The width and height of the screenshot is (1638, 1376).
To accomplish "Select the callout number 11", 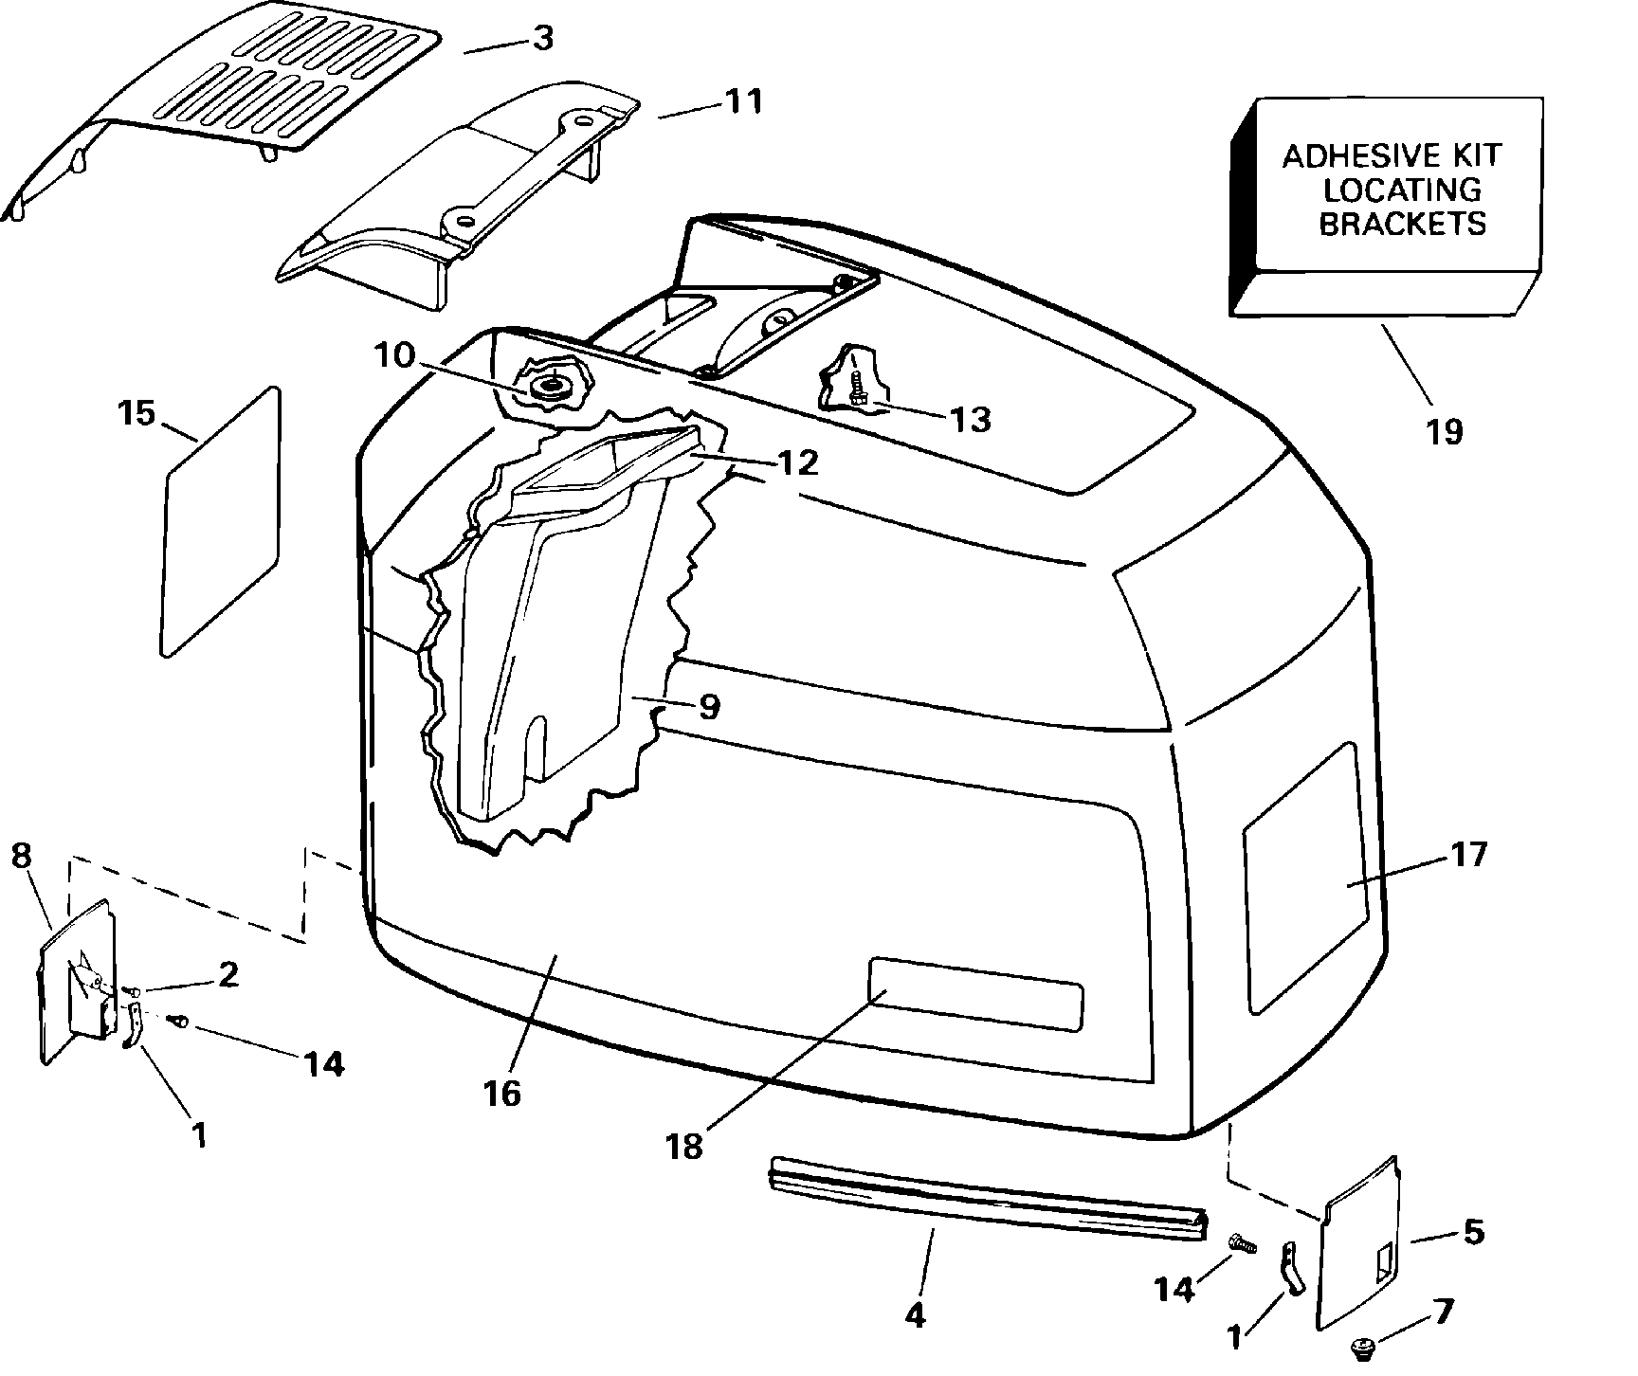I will coord(743,100).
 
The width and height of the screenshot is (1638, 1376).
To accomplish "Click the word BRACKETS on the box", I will coord(1403,224).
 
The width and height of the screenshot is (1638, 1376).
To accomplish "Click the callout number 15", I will coord(137,413).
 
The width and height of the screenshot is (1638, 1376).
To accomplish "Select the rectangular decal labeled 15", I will coord(222,521).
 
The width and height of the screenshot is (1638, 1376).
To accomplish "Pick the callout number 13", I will coord(970,418).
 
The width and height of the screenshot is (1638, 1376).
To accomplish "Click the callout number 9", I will coord(710,707).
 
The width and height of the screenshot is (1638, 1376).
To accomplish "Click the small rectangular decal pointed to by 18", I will coord(976,993).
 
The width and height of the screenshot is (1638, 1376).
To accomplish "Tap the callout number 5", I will coord(1473,1232).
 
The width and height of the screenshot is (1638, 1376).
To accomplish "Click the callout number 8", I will coord(21,856).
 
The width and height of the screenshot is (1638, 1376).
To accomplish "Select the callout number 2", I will coord(228,975).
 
